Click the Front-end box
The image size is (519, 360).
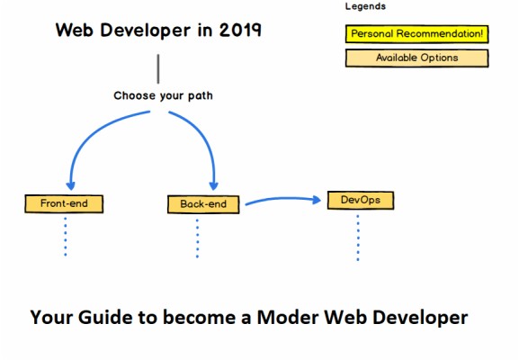coord(64,203)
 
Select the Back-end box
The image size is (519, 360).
coord(204,204)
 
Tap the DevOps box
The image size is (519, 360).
coord(357,199)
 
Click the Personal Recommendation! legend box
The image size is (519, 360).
coord(416,34)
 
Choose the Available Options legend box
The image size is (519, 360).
coord(416,58)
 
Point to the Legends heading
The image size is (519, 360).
coord(365,6)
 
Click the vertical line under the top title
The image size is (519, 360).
coord(158,67)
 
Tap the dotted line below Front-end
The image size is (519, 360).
coord(65,236)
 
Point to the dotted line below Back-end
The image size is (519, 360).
coord(198,238)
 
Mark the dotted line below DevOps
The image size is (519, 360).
coord(357,236)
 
